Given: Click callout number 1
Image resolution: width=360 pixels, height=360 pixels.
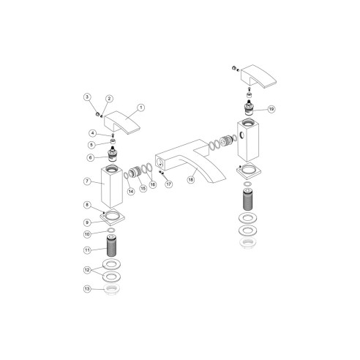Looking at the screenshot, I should click(140, 108).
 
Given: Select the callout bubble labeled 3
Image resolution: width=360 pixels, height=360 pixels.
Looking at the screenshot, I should click(86, 97).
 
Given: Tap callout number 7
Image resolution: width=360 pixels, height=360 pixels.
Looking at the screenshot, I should click(87, 181).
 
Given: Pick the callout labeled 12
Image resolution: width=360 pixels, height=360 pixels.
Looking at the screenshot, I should click(87, 270).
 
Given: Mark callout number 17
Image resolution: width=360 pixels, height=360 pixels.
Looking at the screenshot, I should click(168, 184).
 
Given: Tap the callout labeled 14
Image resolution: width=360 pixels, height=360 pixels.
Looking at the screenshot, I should click(131, 191).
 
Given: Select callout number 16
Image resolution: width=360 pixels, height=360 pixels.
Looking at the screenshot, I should click(153, 185).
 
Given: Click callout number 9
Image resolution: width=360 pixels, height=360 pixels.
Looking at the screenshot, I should click(87, 222).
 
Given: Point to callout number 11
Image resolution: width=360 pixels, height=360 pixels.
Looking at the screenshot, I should click(87, 250).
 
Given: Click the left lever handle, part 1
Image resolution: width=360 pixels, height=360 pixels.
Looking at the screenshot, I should click(121, 120).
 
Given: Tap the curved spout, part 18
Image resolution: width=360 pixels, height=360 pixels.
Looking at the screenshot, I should click(187, 157).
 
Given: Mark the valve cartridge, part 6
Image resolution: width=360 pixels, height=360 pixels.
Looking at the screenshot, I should click(113, 154).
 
